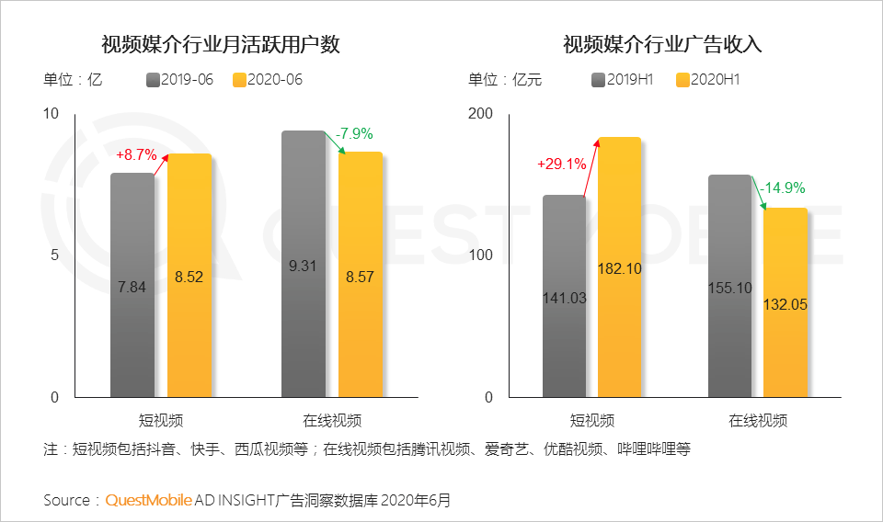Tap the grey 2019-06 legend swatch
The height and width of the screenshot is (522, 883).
(x=153, y=80)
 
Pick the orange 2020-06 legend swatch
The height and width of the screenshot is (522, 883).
(x=240, y=80)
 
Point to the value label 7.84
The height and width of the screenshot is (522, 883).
(x=132, y=288)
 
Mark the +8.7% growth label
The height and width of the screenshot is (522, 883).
(x=136, y=154)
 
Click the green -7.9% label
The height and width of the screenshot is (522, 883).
(x=353, y=135)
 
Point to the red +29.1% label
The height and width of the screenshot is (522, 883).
(x=562, y=164)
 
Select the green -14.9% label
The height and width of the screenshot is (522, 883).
(x=782, y=188)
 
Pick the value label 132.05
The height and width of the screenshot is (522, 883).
(x=786, y=304)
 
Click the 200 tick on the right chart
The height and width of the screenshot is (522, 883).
(x=482, y=114)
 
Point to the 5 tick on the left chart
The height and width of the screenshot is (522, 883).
(x=54, y=255)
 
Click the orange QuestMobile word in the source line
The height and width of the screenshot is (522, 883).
(x=148, y=501)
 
